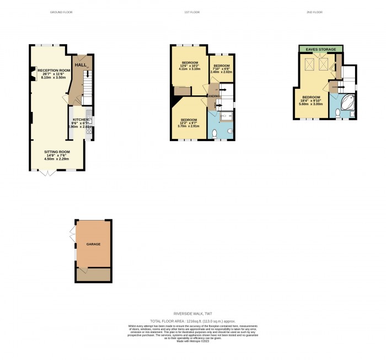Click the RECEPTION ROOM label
point(53,71)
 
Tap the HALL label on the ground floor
point(81,65)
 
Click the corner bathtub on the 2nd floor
point(347,103)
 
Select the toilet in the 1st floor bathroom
point(214,133)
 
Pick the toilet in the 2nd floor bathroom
point(337,113)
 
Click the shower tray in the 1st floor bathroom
point(226,115)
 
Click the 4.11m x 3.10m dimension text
point(190,69)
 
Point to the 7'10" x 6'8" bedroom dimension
point(222,68)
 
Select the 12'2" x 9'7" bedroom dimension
point(189,123)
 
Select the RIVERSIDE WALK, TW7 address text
point(193,313)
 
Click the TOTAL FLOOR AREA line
point(193,320)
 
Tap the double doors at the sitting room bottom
point(49,172)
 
